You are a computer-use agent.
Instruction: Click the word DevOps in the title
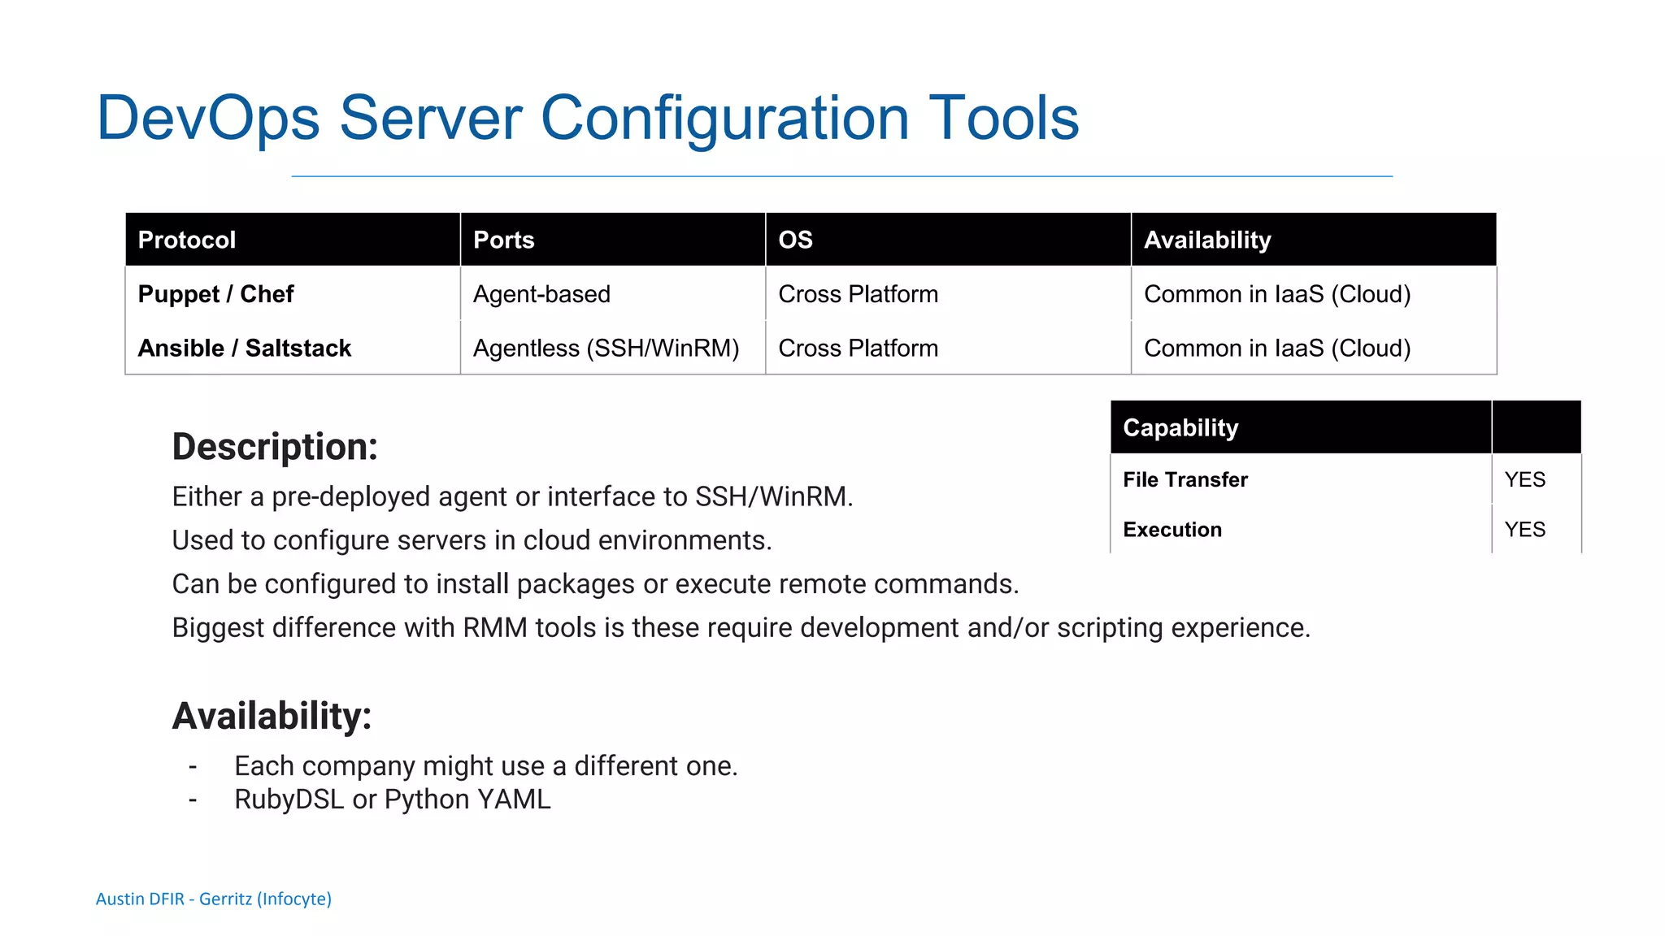pyautogui.click(x=208, y=119)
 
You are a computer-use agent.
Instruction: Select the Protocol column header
pyautogui.click(x=187, y=240)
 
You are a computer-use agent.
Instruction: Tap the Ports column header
pyautogui.click(x=504, y=240)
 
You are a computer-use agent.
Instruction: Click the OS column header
pyautogui.click(x=795, y=240)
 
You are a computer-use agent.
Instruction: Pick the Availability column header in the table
pyautogui.click(x=1207, y=240)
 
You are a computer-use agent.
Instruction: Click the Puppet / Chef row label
pyautogui.click(x=215, y=294)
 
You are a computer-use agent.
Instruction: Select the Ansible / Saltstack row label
pyautogui.click(x=245, y=348)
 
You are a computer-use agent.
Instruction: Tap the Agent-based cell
pyautogui.click(x=541, y=294)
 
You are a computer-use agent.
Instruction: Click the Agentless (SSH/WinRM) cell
pyautogui.click(x=606, y=348)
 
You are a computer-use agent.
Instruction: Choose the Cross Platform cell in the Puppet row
pyautogui.click(x=858, y=294)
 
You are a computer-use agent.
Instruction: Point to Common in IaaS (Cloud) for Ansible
pyautogui.click(x=1277, y=348)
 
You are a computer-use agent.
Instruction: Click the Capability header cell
pyautogui.click(x=1180, y=427)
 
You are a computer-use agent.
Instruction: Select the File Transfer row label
pyautogui.click(x=1185, y=479)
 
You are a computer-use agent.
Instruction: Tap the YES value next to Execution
pyautogui.click(x=1524, y=530)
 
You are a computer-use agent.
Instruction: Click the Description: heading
pyautogui.click(x=275, y=447)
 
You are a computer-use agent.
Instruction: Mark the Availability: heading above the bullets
pyautogui.click(x=272, y=716)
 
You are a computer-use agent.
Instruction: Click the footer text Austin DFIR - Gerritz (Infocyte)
pyautogui.click(x=214, y=899)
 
